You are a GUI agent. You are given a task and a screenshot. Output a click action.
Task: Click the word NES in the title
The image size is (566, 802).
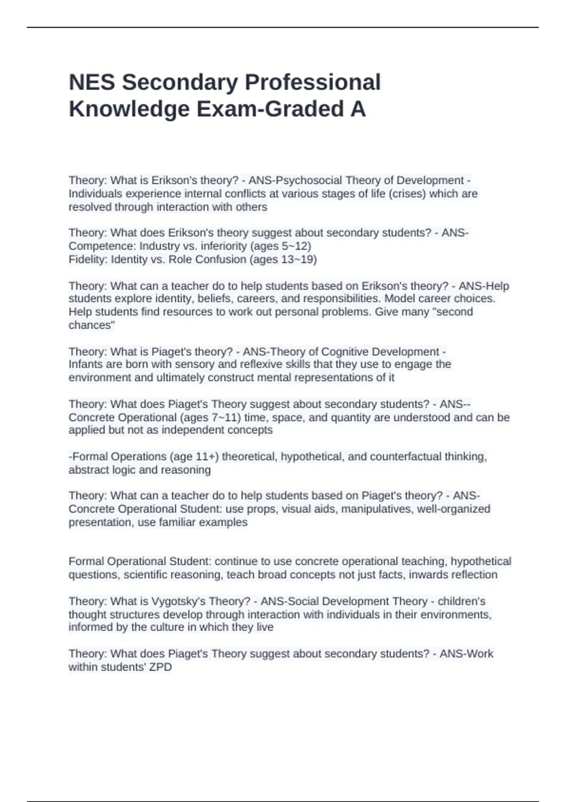92,83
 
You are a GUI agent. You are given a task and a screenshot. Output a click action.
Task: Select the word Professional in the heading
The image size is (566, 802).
312,83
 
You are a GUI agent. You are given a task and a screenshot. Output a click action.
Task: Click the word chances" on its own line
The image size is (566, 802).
92,325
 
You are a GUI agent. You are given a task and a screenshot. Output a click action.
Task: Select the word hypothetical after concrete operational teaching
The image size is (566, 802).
481,561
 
